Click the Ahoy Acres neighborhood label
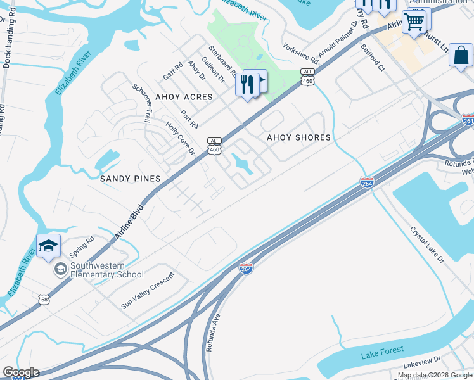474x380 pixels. pos(184,98)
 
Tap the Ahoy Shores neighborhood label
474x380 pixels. pos(298,137)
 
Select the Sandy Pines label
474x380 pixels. pos(130,179)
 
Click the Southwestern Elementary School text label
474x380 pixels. pos(106,270)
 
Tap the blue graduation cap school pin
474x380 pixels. pos(48,247)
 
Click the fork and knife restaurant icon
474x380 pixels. pos(247,84)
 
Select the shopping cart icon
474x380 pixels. pos(414,22)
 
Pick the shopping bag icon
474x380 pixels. pos(461,55)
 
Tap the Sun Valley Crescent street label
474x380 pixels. pos(148,291)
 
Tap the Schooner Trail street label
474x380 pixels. pos(142,102)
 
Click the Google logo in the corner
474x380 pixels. pos(21,372)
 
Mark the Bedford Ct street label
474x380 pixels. pos(373,56)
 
